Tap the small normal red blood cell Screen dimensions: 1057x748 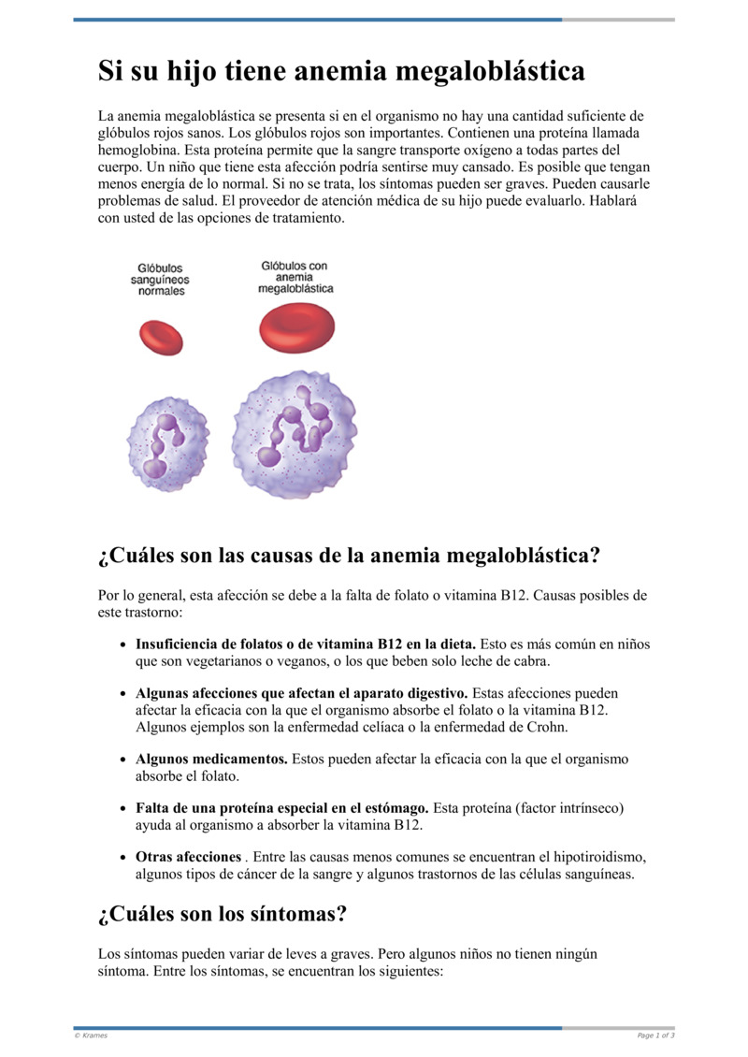click(161, 337)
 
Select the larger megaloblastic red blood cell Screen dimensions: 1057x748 click(295, 328)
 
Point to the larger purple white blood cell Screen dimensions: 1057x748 click(295, 434)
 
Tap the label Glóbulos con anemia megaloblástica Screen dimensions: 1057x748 click(295, 278)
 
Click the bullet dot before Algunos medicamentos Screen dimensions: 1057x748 click(124, 760)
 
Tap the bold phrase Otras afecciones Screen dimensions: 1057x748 click(188, 857)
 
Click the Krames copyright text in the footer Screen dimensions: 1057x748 click(92, 1035)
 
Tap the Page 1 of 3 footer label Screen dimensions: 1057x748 click(655, 1035)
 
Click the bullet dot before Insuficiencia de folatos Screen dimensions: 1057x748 click(124, 645)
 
